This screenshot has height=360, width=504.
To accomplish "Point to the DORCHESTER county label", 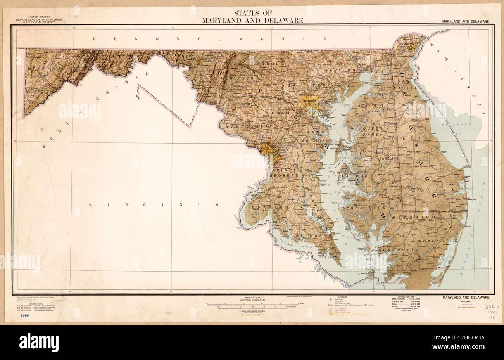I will (x=363, y=208).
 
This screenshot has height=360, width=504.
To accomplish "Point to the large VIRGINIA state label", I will (x=154, y=204).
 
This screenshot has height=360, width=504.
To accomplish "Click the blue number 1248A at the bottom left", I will (x=23, y=316).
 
